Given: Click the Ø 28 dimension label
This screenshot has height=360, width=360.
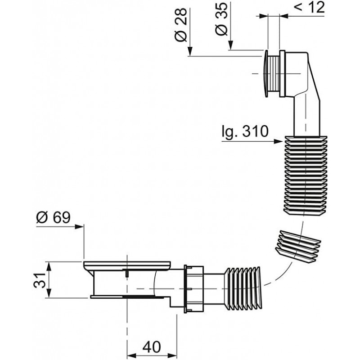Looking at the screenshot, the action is point(181,25).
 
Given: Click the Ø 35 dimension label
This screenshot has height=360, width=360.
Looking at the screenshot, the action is point(221,19).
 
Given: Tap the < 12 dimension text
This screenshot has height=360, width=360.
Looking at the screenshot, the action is point(309,7).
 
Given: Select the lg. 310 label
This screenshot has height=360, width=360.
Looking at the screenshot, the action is point(245,131).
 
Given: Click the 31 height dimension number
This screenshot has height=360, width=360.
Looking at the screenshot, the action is point(40,280).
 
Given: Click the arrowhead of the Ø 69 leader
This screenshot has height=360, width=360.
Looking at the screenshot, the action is point(80,227).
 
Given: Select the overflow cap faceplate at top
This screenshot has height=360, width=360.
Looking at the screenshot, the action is point(266,73).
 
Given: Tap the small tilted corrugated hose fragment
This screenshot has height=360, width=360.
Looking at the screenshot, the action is point(298,246).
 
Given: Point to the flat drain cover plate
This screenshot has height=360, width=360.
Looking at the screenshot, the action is point(127,265).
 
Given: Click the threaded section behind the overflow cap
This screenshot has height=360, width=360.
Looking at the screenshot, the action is point(274,73).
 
